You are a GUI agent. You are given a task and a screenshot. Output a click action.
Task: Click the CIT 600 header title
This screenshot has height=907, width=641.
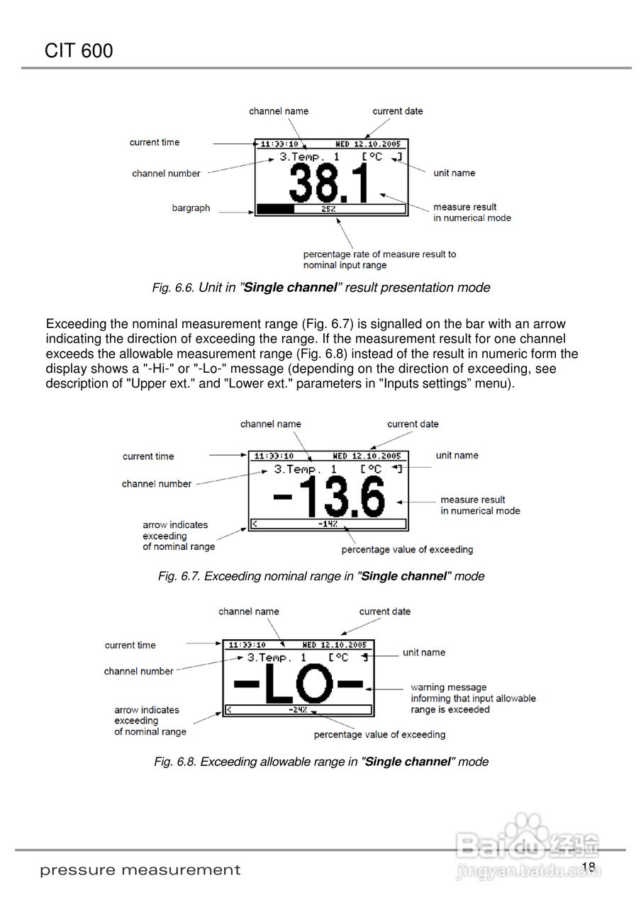coord(79,51)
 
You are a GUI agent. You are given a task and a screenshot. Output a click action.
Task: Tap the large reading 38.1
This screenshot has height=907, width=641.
coord(330,184)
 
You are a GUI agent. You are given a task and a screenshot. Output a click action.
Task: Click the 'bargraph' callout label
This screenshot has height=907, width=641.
coord(191,208)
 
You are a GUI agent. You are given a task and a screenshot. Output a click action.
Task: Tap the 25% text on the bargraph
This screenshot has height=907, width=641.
coord(328,209)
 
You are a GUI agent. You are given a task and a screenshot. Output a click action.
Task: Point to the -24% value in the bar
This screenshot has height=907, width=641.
coord(297,709)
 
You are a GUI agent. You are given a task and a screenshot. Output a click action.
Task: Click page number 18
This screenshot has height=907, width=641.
coord(588,868)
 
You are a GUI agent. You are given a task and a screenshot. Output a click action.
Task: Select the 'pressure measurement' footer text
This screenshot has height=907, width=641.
coord(140,870)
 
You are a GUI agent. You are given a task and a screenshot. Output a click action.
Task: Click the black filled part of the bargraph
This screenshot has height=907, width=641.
coord(275,209)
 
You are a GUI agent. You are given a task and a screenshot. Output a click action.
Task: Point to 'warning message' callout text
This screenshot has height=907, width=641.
coord(449,687)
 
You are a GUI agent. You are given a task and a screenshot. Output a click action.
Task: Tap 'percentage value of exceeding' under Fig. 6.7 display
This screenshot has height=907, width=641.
coord(407,549)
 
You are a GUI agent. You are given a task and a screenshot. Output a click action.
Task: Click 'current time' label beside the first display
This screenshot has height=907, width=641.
coord(155,142)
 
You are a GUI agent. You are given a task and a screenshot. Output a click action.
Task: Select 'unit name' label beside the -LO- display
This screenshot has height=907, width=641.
coord(424,653)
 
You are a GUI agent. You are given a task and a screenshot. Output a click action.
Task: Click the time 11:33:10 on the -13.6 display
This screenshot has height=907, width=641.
coord(274,456)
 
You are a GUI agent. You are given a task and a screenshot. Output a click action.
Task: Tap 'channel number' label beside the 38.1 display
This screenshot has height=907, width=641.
coord(166,174)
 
